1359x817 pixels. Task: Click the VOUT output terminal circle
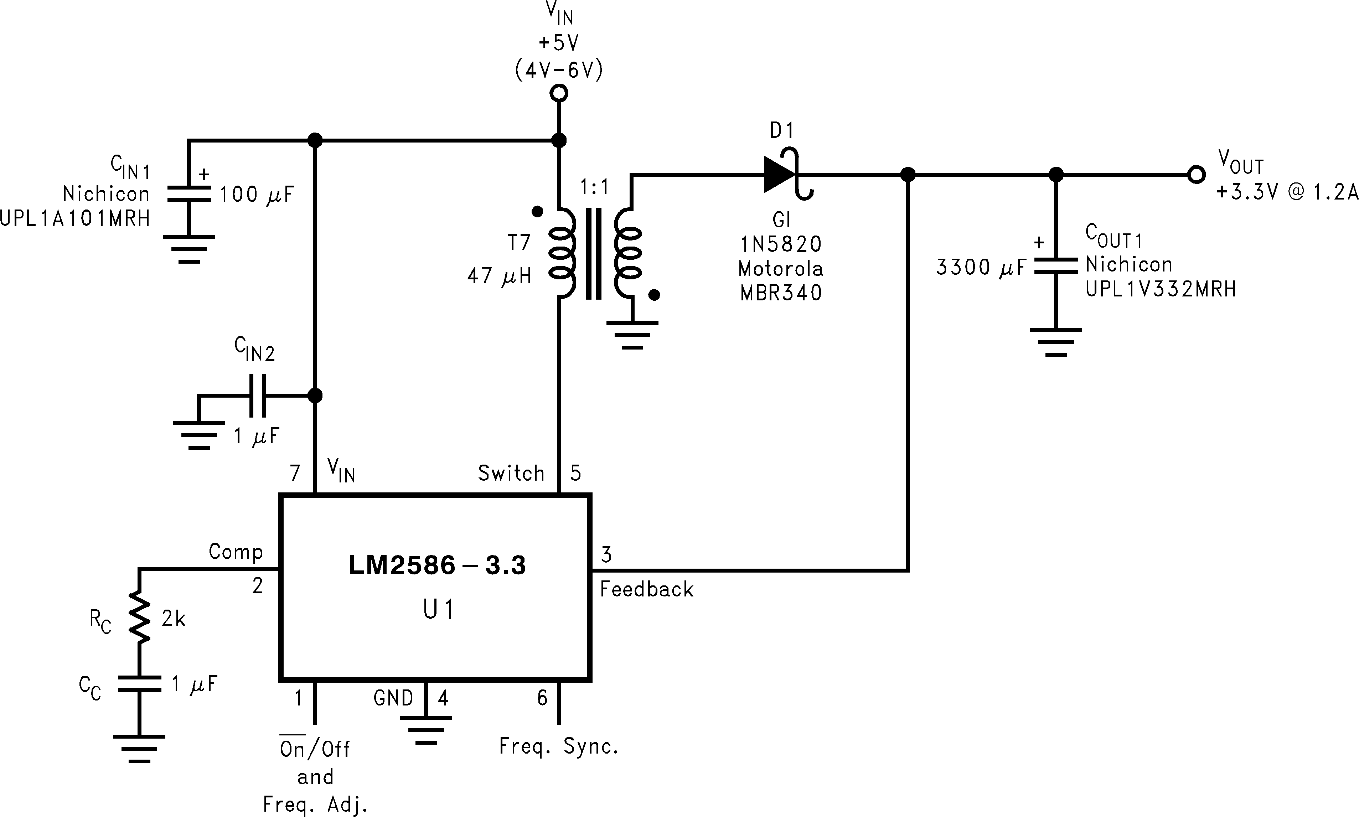pyautogui.click(x=1195, y=175)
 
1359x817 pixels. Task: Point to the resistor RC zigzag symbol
pyautogui.click(x=139, y=617)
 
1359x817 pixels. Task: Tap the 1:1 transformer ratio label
pyautogui.click(x=594, y=188)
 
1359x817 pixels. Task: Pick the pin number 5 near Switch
pyautogui.click(x=575, y=473)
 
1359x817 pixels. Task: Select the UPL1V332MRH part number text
pyautogui.click(x=1160, y=289)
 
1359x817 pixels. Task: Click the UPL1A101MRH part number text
pyautogui.click(x=75, y=218)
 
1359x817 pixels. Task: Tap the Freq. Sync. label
pyautogui.click(x=559, y=746)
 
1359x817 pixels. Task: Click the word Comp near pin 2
pyautogui.click(x=236, y=552)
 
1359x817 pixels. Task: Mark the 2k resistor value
pyautogui.click(x=174, y=619)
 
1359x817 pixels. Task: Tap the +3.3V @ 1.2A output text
pyautogui.click(x=1286, y=193)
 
